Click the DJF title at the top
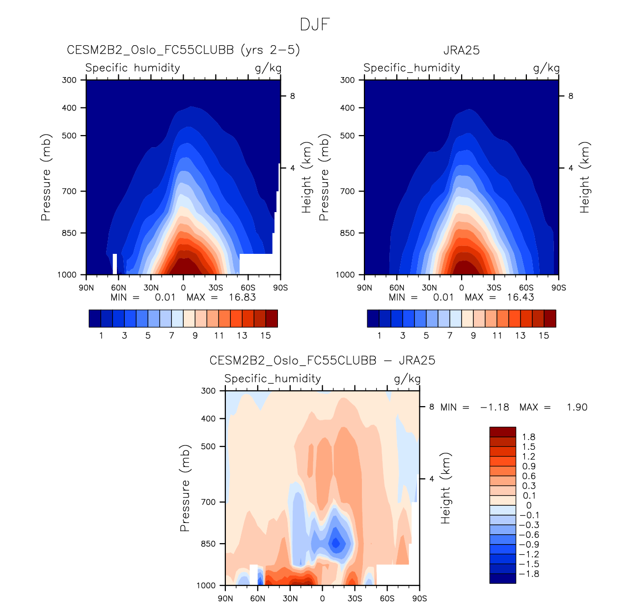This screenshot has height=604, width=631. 315,25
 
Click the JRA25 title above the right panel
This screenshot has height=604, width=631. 461,50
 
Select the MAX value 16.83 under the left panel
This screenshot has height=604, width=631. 242,297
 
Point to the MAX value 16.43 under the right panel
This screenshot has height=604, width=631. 521,297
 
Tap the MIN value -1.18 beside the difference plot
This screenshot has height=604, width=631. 494,407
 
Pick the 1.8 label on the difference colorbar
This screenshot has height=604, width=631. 529,437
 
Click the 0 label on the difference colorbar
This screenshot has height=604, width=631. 529,505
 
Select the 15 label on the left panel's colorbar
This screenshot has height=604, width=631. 266,335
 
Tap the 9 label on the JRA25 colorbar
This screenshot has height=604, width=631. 473,335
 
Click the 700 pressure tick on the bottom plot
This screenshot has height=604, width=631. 208,502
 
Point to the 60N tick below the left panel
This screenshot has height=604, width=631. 119,288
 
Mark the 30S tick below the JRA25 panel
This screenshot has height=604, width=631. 494,288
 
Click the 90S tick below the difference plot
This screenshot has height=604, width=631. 419,598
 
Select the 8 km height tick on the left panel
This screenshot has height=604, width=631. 293,96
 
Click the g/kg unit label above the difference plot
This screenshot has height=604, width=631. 407,379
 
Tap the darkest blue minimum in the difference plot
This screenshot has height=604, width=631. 336,543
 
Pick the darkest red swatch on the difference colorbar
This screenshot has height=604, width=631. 502,432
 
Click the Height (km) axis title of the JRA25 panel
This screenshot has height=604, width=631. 584,178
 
